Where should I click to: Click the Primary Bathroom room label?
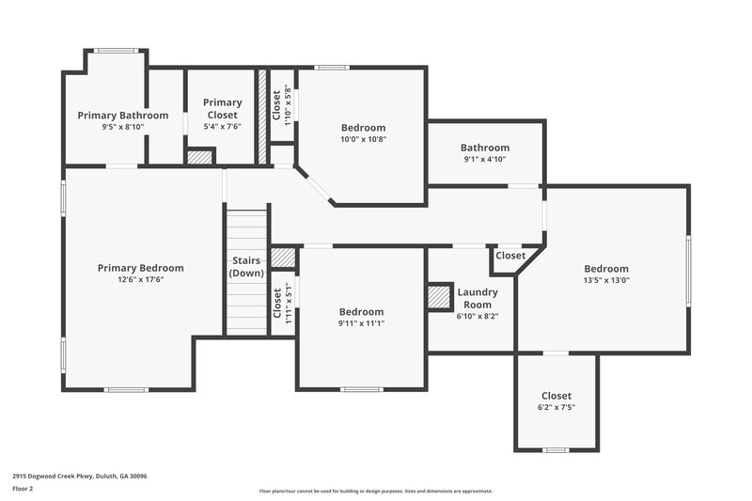(122, 116)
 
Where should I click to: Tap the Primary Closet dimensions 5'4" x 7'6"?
(222, 128)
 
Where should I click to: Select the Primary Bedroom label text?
(140, 268)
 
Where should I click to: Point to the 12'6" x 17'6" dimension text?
(140, 280)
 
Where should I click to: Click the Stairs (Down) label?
(246, 266)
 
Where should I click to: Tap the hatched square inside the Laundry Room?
(439, 298)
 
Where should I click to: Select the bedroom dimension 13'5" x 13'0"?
(605, 280)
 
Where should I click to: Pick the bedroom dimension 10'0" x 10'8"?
(363, 139)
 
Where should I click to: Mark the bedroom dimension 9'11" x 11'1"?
(362, 323)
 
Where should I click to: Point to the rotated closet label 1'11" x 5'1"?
(278, 303)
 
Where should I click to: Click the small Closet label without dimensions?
(510, 256)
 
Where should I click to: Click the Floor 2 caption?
(23, 489)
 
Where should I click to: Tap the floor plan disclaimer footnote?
(375, 491)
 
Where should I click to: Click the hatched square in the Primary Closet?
(199, 158)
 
